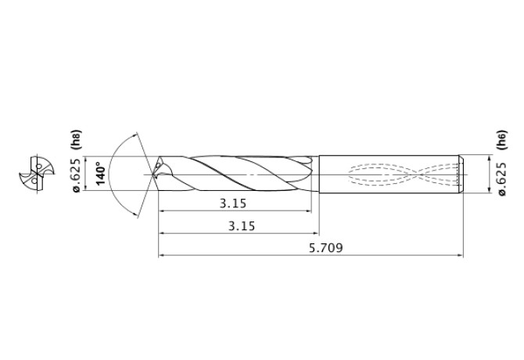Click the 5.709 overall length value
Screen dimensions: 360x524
click(x=326, y=247)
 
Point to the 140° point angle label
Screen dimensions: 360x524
click(x=100, y=173)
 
